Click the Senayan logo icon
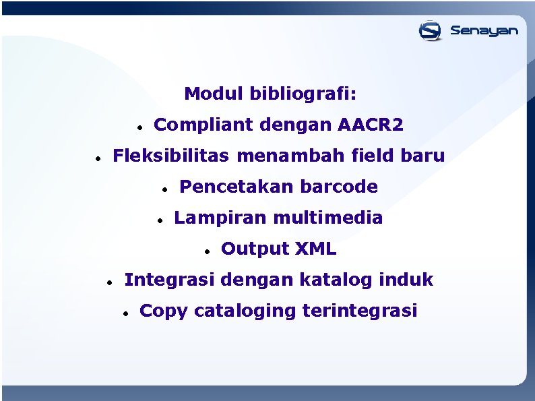tap(430, 30)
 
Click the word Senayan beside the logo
tap(484, 31)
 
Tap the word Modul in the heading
tap(214, 94)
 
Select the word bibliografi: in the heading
tap(303, 94)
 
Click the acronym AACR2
tap(371, 125)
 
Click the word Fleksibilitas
tap(171, 156)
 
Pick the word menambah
tap(291, 156)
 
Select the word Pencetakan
tap(236, 187)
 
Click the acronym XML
tap(315, 249)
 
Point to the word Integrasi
tap(170, 279)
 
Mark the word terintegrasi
tap(360, 311)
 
